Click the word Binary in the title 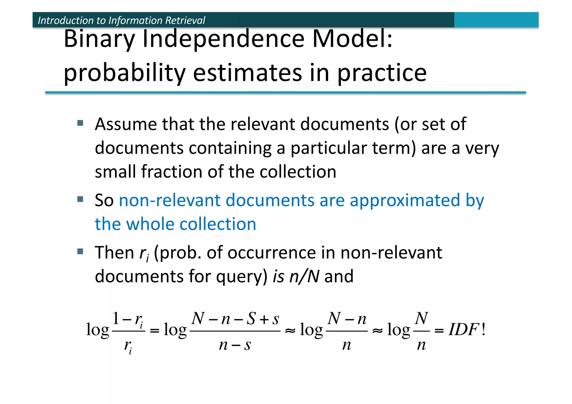click(x=99, y=39)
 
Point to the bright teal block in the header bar click(x=496, y=20)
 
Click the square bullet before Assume click(x=80, y=123)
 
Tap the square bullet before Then click(x=80, y=252)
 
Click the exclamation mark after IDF click(x=483, y=329)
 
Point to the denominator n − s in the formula click(x=235, y=345)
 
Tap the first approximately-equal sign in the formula click(x=290, y=331)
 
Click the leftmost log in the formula click(x=97, y=330)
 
